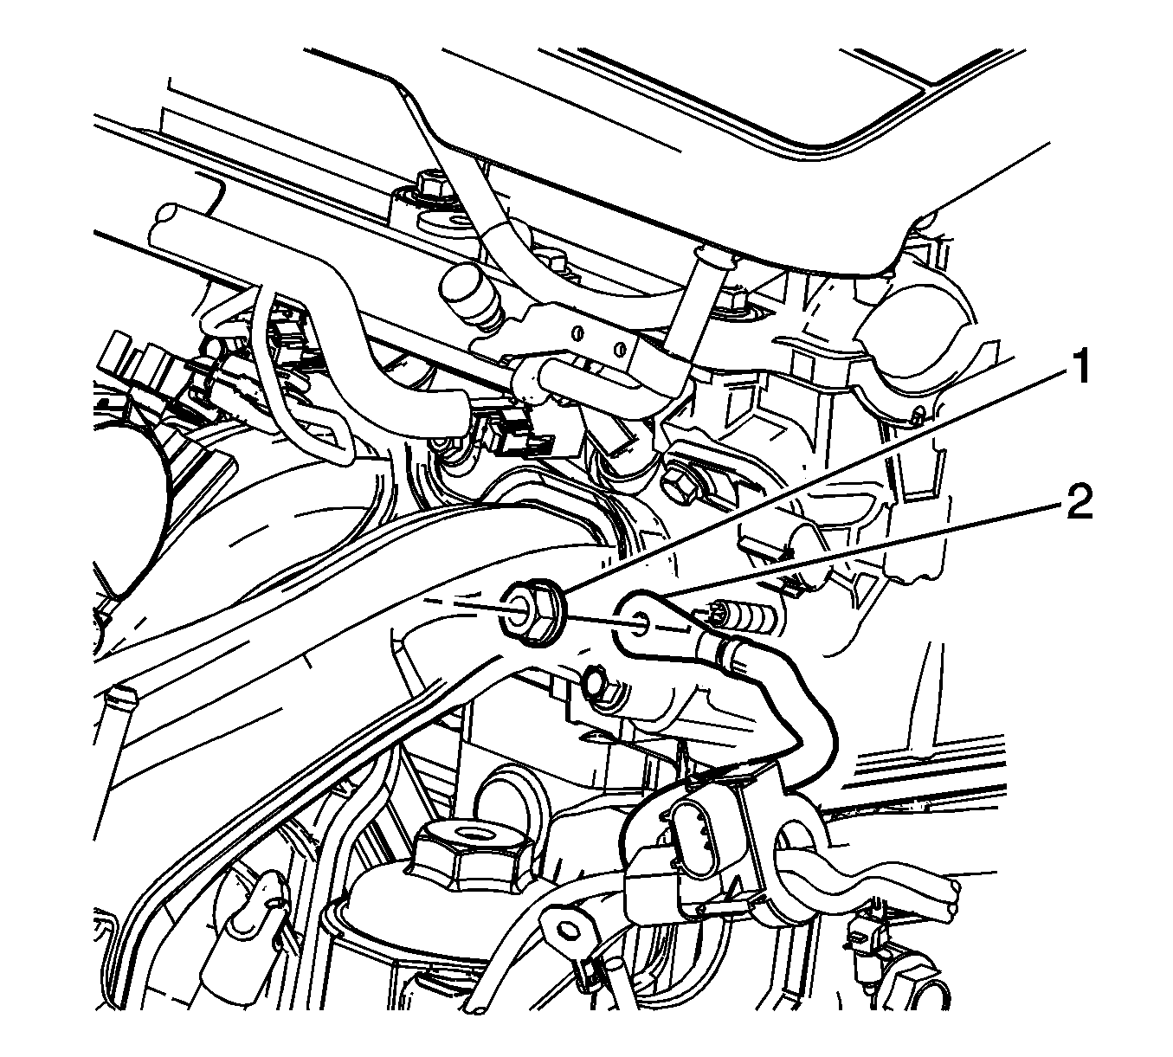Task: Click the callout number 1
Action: pos(1075,365)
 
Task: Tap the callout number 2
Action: pos(1080,498)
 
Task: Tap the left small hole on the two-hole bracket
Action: pos(578,332)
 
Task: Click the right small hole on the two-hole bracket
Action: pos(617,349)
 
